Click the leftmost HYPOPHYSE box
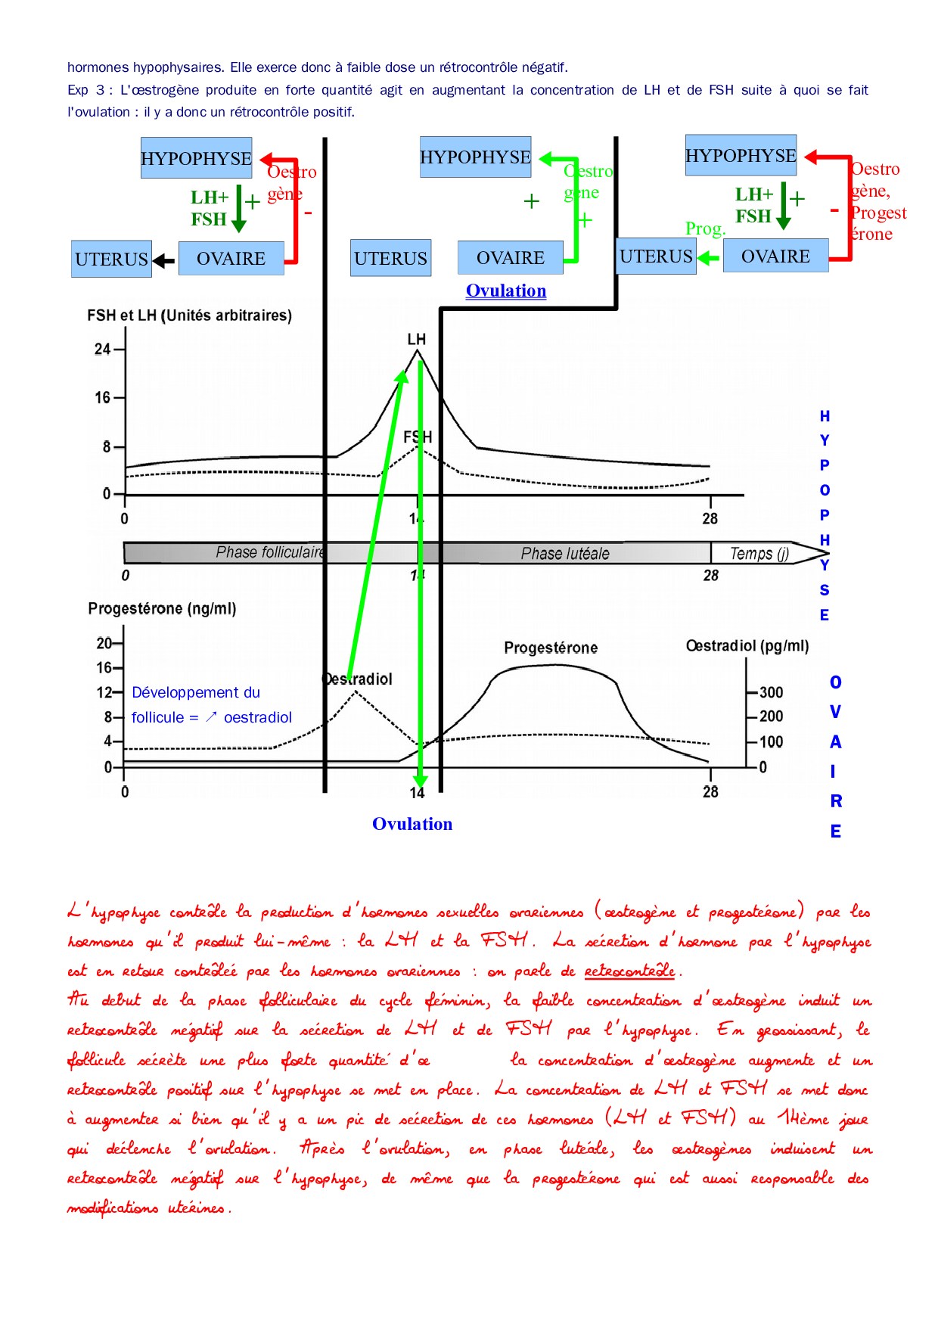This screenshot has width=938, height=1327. [x=196, y=158]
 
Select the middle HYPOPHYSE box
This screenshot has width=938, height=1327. [x=475, y=157]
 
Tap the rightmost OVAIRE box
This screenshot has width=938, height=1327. [x=775, y=256]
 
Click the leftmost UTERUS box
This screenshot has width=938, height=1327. [x=111, y=259]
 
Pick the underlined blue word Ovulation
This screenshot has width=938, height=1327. [x=506, y=291]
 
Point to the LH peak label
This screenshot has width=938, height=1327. [x=416, y=339]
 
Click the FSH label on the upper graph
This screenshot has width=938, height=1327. [x=418, y=437]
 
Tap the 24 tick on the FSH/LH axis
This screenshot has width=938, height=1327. [x=102, y=349]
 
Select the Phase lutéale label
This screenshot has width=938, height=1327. [x=565, y=553]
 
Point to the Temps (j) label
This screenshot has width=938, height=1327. [x=759, y=553]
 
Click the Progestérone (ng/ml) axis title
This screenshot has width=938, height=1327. [x=162, y=608]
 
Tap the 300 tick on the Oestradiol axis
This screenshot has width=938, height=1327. [x=772, y=692]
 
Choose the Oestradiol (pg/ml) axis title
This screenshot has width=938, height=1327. [x=747, y=645]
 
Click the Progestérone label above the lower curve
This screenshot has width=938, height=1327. [x=551, y=648]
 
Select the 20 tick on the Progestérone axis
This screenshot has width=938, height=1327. [x=104, y=643]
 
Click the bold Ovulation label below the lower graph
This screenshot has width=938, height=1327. [x=412, y=824]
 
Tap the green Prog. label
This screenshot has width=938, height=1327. [x=705, y=228]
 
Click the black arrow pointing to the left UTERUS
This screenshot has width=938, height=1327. [x=163, y=261]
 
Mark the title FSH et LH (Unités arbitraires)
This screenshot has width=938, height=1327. [x=189, y=315]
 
